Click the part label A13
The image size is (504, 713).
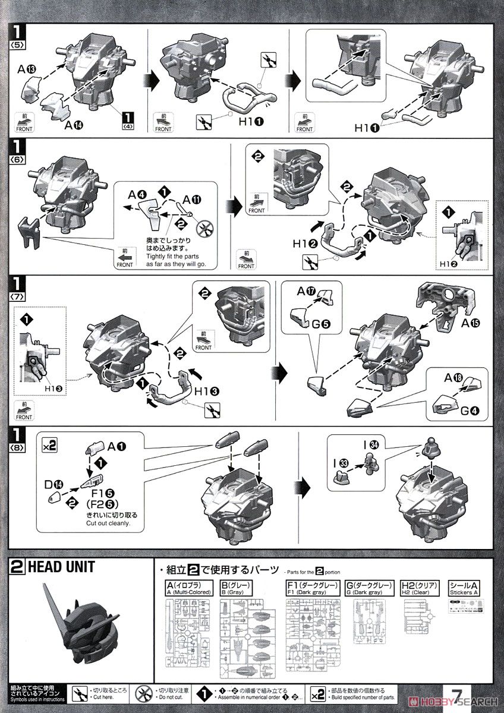click(x=27, y=70)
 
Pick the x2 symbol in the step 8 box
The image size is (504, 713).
click(x=50, y=443)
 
